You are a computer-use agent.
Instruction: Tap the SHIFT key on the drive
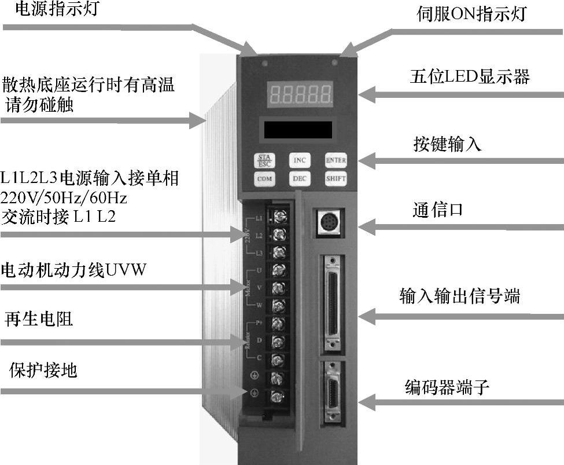[x=335, y=178]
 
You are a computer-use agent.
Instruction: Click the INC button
[x=300, y=160]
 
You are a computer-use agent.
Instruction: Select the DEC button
[x=300, y=178]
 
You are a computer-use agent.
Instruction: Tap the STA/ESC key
[x=264, y=159]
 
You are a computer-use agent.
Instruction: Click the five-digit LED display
[x=299, y=92]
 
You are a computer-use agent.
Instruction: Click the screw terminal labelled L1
[x=279, y=218]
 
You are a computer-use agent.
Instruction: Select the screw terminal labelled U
[x=279, y=269]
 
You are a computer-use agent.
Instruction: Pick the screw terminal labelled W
[x=279, y=305]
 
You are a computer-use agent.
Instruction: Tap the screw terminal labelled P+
[x=279, y=323]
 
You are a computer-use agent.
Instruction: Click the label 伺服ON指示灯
[x=471, y=14]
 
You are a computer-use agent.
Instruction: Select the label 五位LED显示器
[x=469, y=76]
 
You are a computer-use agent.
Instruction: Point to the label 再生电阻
[x=39, y=318]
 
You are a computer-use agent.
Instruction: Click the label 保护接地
[x=43, y=371]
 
